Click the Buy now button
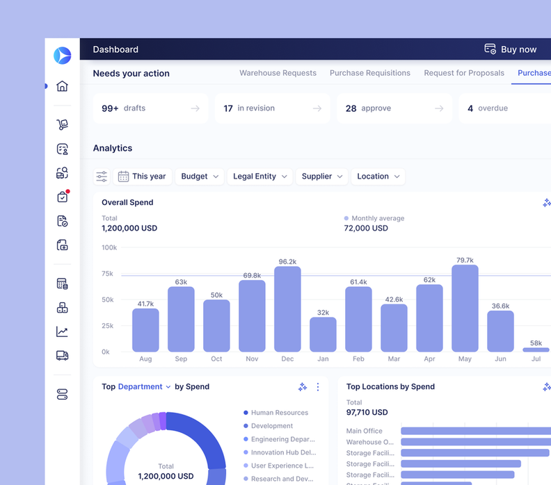511,49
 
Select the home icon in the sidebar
62,86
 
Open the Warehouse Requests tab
278,73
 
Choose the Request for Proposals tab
464,73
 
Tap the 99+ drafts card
150,108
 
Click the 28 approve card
394,108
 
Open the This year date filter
142,176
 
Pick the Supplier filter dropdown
322,176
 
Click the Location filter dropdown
378,176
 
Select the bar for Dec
287,309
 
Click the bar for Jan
323,334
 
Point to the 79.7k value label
465,260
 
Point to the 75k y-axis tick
107,274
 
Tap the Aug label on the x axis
145,359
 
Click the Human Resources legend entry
279,413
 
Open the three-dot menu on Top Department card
318,387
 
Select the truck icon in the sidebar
62,355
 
